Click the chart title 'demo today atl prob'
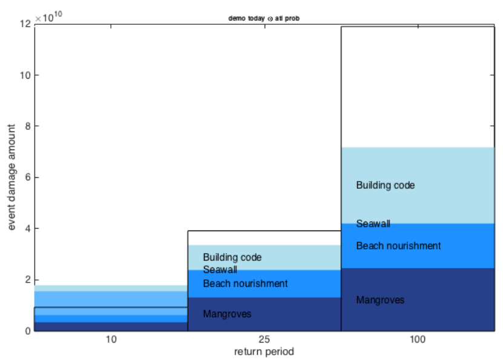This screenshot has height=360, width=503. tap(264, 18)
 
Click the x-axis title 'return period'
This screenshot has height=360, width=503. tap(264, 351)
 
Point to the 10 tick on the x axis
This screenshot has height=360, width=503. tap(111, 340)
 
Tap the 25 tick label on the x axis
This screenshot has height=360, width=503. tap(264, 340)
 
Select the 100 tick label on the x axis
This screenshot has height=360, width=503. tap(418, 340)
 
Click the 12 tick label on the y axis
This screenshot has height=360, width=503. tap(24, 24)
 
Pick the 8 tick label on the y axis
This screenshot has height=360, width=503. tap(27, 126)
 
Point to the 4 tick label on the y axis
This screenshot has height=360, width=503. tap(27, 229)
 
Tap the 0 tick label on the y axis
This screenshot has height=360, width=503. tap(27, 331)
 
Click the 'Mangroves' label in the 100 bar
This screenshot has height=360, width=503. tap(380, 300)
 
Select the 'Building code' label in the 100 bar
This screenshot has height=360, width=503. tap(386, 185)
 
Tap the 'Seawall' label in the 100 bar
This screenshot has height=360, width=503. tap(373, 224)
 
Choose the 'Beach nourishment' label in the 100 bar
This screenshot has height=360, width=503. tap(398, 246)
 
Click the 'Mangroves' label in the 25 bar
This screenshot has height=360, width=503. tap(227, 314)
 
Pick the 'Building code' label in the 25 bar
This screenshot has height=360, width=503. tap(232, 257)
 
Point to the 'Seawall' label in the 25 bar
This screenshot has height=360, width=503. tap(220, 270)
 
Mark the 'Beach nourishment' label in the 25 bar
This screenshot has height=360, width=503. tap(245, 284)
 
